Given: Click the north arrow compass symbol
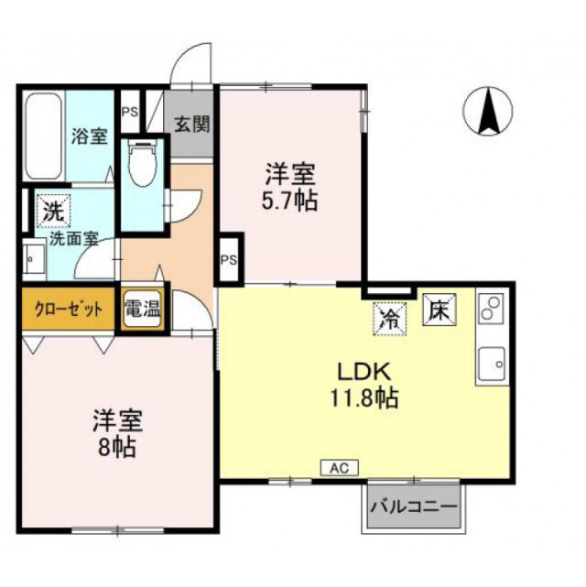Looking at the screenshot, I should pos(486,112).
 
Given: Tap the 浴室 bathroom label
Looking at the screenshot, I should pos(90,136).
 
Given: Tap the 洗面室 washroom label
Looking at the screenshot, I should pos(74,245).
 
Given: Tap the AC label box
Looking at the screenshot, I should pos(341,467).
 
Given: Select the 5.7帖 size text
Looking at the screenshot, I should pos(291,201).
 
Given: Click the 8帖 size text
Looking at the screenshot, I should pos(116,448).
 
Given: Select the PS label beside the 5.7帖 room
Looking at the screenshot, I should pos(228,259).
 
